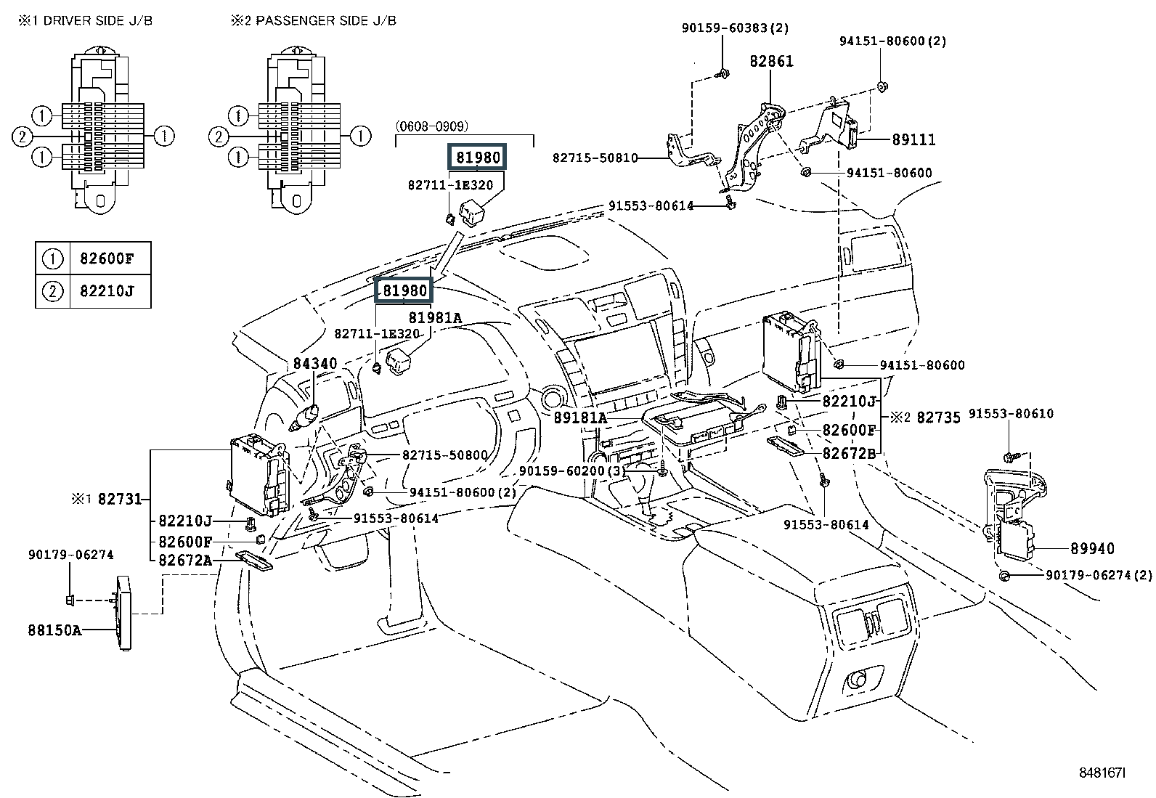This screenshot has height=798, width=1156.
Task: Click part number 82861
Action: point(771,62)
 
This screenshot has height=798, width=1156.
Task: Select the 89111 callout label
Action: point(913,140)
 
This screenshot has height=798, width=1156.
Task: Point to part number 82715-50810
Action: point(595,158)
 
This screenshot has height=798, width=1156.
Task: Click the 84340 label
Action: point(315,363)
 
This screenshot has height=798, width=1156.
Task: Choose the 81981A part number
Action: point(435,317)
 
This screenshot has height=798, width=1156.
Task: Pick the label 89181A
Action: point(579,418)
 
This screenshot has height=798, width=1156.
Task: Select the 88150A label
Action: point(54,630)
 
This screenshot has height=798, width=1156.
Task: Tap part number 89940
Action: point(1091,549)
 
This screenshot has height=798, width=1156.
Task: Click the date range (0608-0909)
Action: point(432,126)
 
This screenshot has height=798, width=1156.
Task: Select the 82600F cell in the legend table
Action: point(111,258)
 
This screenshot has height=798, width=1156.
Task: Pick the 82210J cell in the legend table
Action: point(111,292)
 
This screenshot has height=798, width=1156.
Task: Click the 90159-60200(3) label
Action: point(571,471)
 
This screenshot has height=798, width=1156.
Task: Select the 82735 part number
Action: point(938,418)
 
